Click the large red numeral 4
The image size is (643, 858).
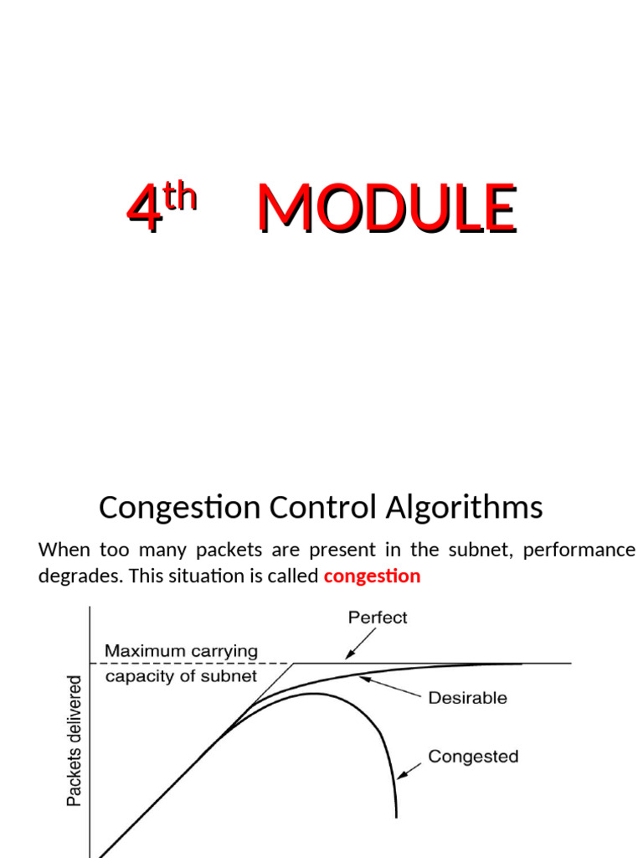(142, 209)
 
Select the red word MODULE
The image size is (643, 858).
(386, 209)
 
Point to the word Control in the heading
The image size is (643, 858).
(317, 508)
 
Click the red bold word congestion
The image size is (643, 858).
(371, 576)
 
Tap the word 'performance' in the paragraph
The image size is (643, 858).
(578, 550)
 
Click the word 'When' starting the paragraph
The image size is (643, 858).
(62, 550)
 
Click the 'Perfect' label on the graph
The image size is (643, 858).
(378, 618)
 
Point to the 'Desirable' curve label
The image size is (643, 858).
(467, 697)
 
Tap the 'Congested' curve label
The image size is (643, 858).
(473, 757)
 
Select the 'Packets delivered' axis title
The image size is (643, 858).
(75, 742)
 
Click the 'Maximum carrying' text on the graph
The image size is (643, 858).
(181, 651)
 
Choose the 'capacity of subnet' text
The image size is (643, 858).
(181, 676)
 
